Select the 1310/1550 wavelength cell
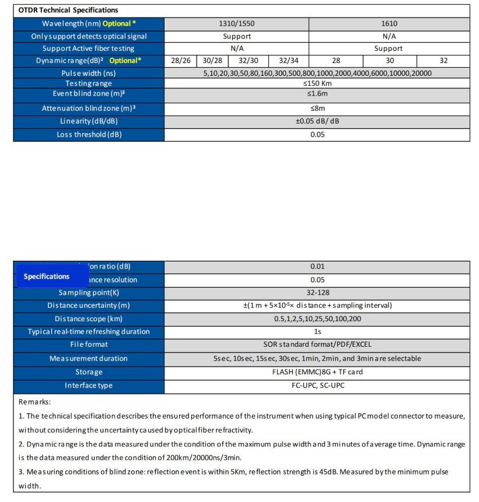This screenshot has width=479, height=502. [236, 23]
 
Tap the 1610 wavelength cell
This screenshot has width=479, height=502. [389, 23]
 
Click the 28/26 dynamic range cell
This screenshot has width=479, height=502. [181, 60]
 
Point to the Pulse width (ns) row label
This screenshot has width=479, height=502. [89, 73]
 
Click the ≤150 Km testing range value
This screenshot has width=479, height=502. [317, 83]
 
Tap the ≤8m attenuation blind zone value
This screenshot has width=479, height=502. [317, 109]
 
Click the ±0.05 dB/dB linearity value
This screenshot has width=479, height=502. [317, 121]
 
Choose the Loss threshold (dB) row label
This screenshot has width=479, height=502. [89, 134]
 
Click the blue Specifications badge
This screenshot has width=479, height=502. [47, 276]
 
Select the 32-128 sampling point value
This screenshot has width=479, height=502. [317, 292]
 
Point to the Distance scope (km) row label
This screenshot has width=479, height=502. [89, 319]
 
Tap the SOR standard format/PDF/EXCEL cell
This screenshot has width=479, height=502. [317, 344]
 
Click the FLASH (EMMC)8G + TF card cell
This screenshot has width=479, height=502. [317, 372]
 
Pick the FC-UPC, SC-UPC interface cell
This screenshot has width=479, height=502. [317, 385]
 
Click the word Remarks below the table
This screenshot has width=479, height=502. [35, 402]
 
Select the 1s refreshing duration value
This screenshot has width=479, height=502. [317, 332]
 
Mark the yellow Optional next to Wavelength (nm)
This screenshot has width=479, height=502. [119, 23]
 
